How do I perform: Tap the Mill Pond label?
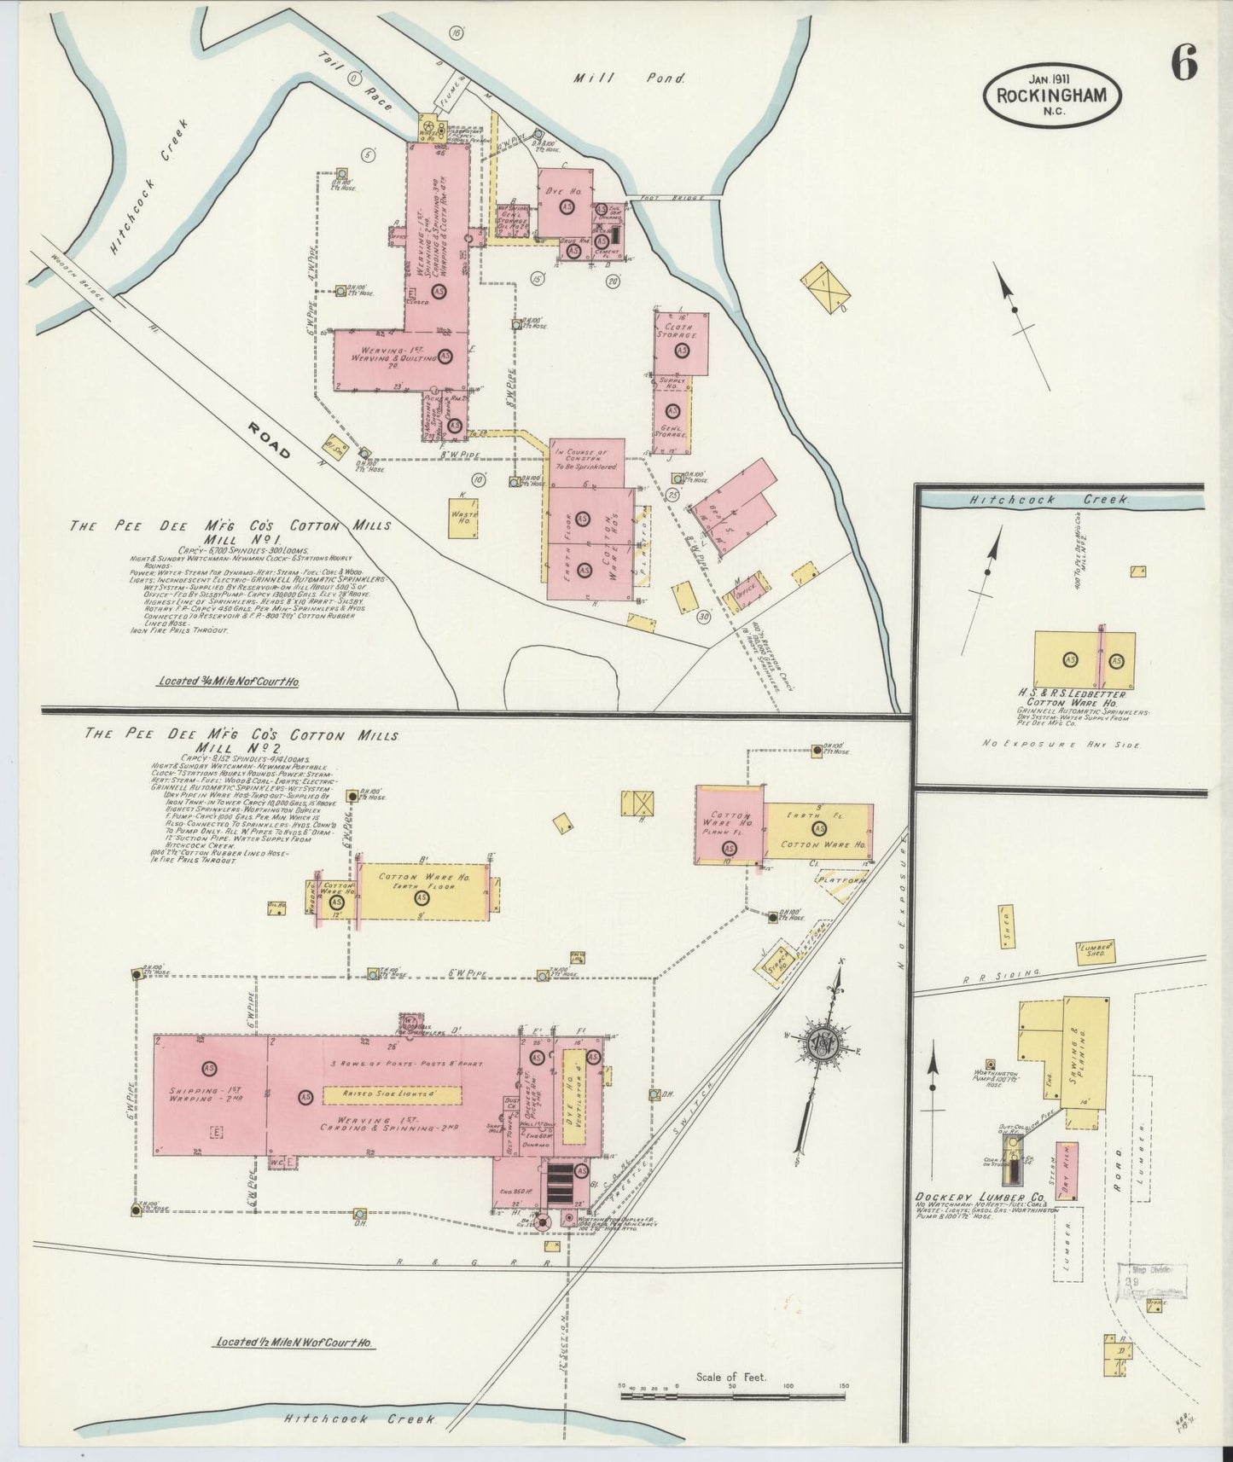(629, 78)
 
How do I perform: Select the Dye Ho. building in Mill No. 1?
(563, 202)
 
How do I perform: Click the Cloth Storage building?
(681, 343)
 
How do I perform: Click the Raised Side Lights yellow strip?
(392, 1094)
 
